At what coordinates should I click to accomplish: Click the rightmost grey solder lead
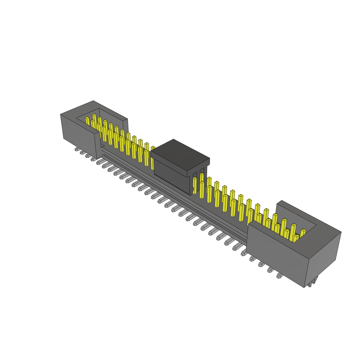(279, 276)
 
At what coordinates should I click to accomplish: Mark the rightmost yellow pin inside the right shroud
(302, 233)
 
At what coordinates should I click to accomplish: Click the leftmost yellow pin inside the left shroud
(87, 121)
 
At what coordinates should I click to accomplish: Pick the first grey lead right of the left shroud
(99, 162)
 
